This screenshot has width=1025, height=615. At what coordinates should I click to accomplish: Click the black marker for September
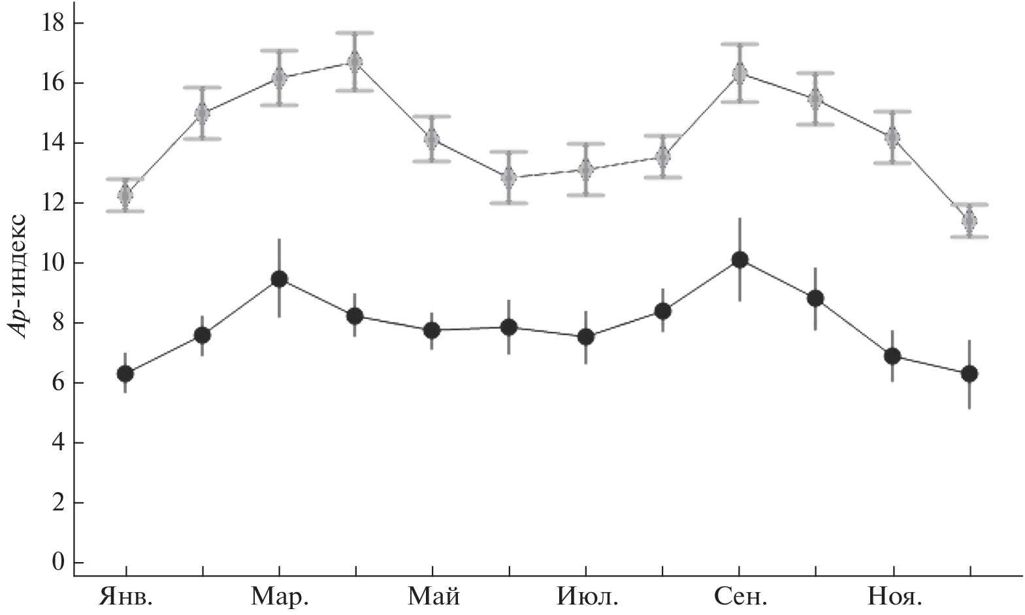740,260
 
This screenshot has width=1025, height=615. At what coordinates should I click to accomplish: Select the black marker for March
279,279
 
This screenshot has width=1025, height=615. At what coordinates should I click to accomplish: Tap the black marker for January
125,374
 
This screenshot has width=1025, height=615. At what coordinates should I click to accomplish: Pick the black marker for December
969,374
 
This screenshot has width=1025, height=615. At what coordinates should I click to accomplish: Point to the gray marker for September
740,73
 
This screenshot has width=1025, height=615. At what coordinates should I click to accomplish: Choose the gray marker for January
125,195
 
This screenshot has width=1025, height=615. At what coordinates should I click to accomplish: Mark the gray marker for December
969,221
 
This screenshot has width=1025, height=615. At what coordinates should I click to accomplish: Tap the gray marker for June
509,177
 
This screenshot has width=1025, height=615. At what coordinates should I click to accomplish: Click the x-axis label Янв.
125,597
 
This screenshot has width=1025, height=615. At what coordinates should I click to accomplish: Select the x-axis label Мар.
280,597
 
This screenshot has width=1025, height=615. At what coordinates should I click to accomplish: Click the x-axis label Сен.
740,597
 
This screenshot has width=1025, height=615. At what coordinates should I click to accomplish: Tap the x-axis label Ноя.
894,597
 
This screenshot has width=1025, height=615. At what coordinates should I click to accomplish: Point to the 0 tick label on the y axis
59,563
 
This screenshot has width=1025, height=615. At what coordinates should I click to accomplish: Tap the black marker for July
586,337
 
